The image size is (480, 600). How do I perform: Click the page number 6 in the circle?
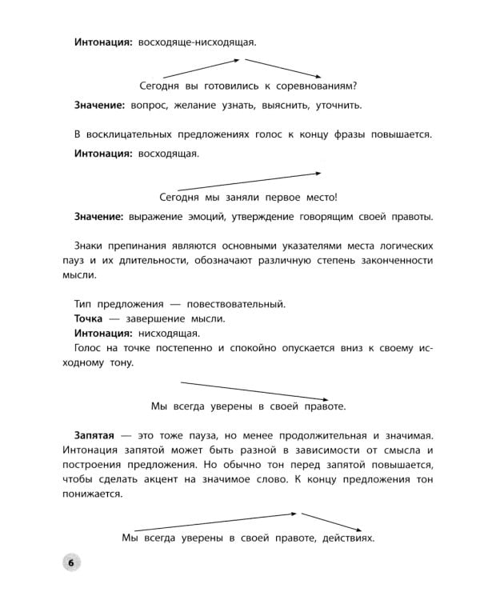[70, 563]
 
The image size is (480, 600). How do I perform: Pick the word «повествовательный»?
[238, 304]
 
